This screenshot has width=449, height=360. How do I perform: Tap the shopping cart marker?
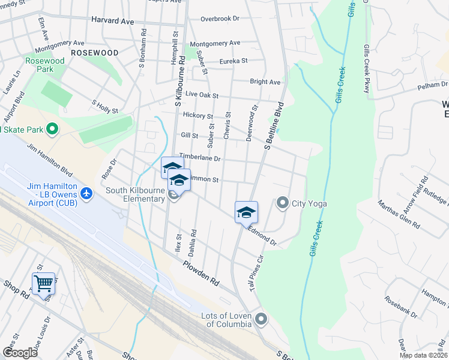pos(44,283)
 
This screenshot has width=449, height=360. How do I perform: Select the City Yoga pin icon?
pos(283,203)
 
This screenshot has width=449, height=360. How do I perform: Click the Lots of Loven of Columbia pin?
pos(261,318)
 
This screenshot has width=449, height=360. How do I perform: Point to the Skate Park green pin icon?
pos(52,129)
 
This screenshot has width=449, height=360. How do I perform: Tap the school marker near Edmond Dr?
pos(246,212)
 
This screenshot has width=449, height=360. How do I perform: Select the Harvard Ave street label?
pos(112,20)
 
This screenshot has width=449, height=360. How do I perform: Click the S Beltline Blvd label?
pos(273,126)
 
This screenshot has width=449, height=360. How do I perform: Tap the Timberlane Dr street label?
pos(200,158)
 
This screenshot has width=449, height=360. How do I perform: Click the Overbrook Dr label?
pos(220,19)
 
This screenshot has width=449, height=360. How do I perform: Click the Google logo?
pos(20,353)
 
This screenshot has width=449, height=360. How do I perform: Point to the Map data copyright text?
pos(423,355)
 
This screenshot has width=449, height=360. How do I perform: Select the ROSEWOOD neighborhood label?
pos(94,53)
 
